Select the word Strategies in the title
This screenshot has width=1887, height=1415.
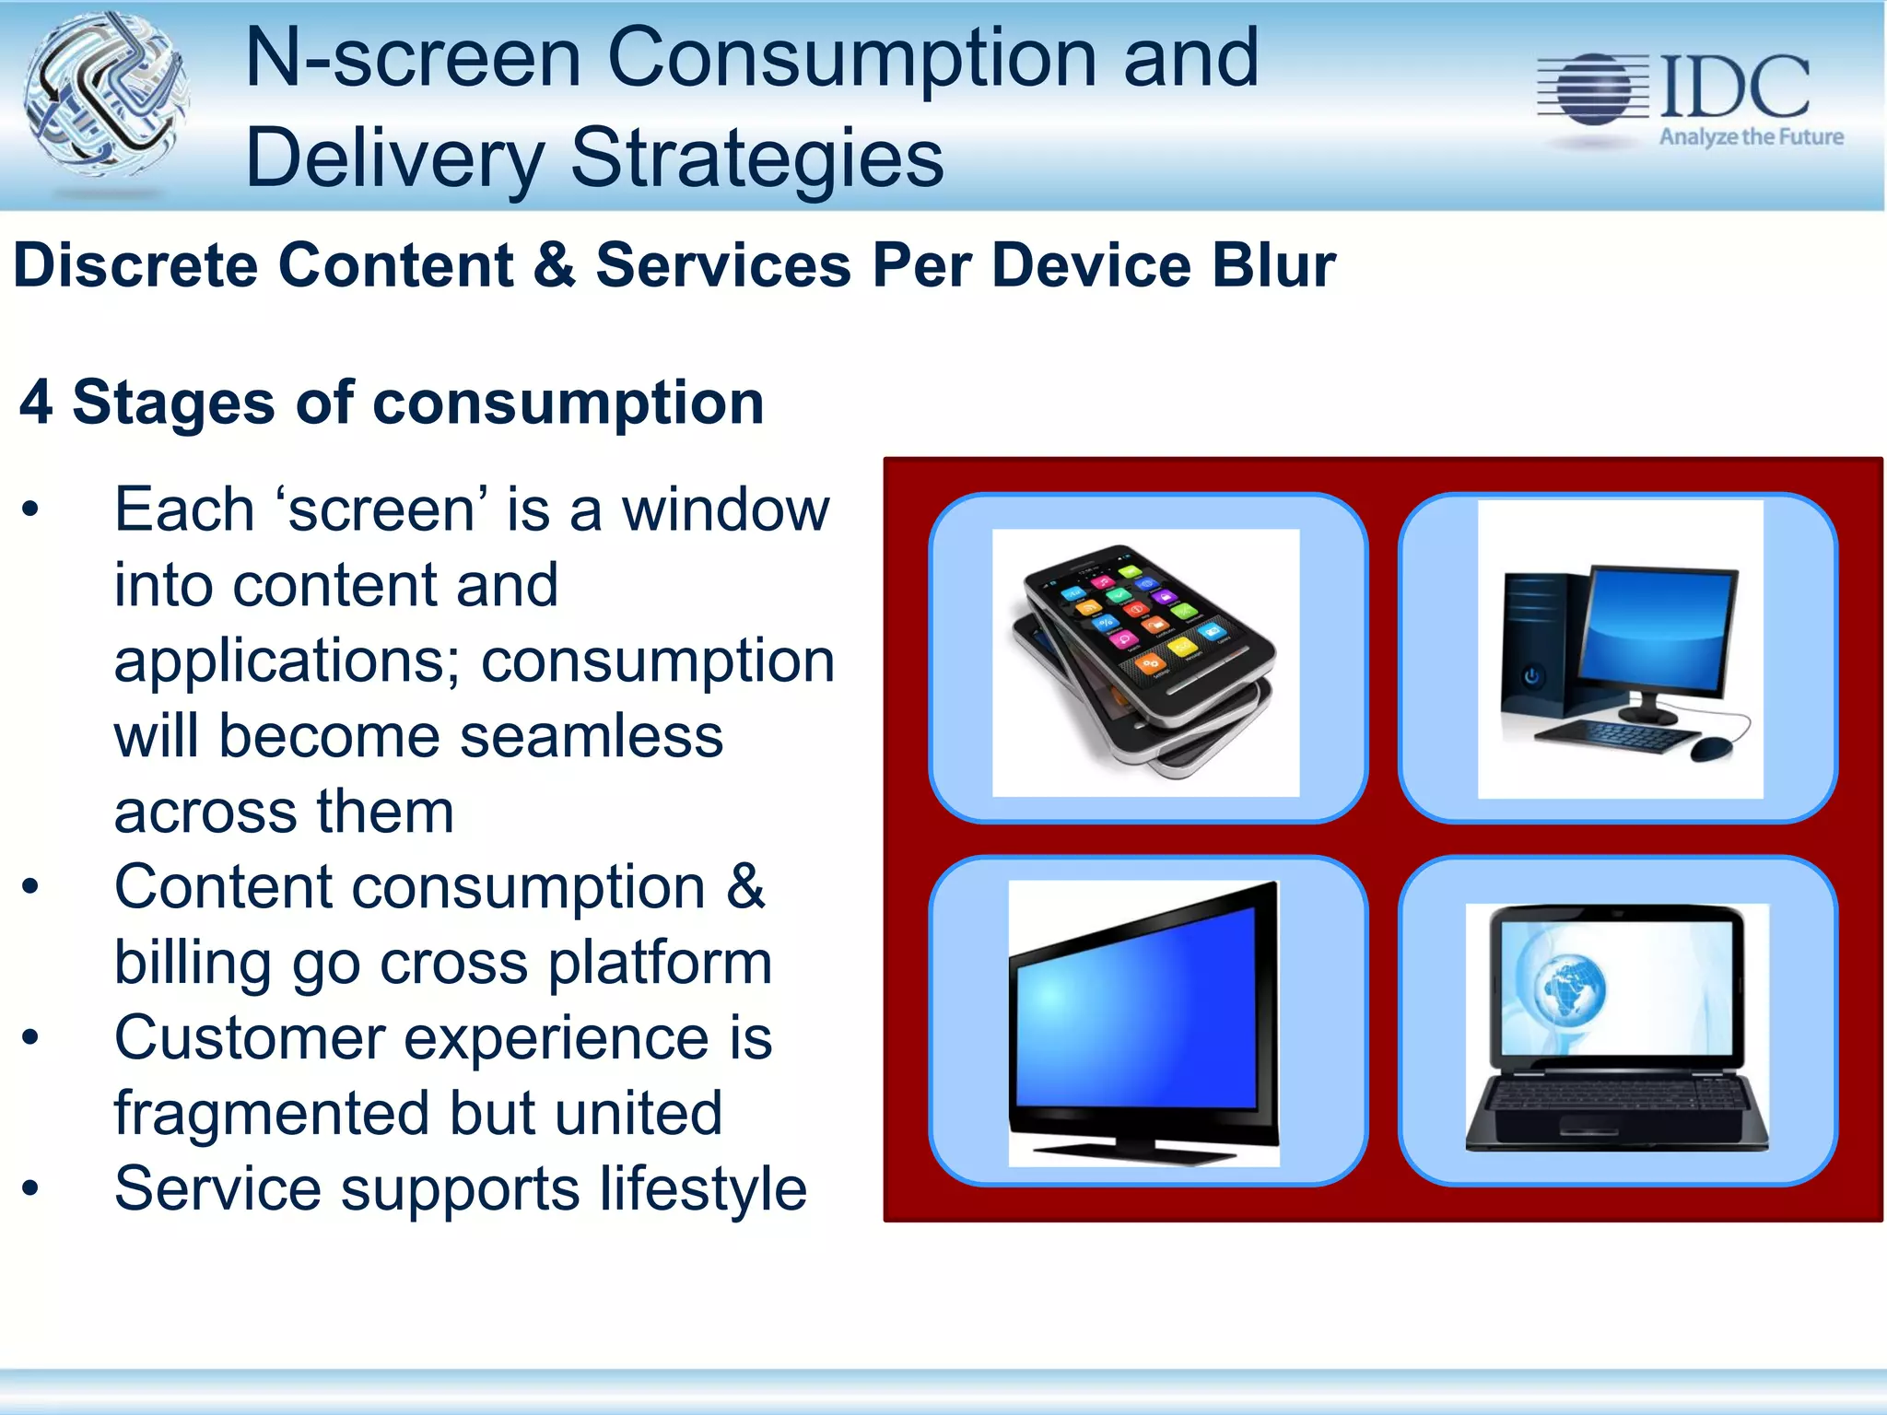point(757,158)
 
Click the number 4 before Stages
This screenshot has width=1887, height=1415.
point(36,403)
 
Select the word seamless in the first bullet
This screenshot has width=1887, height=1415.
point(592,736)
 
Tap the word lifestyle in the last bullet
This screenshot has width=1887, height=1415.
point(703,1188)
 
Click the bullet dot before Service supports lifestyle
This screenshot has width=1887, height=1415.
point(31,1188)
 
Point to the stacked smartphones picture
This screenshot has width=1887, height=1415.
point(1145,662)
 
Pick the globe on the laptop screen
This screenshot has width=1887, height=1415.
point(1571,988)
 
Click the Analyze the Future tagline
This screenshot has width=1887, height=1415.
point(1751,137)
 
